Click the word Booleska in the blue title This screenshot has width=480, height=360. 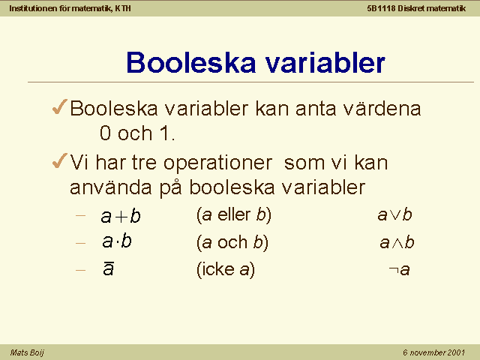point(191,62)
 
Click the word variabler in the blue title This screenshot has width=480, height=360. point(325,62)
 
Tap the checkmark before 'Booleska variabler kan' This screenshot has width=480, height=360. point(60,106)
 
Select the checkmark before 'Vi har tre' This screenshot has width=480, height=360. point(60,160)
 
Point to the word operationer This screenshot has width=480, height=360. point(217,163)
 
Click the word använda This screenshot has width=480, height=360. point(111,187)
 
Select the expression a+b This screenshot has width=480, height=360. point(121,216)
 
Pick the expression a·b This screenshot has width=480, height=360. point(117,241)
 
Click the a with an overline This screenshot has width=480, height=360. point(108,268)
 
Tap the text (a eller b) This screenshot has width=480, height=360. point(234,215)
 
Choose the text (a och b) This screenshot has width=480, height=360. point(232,242)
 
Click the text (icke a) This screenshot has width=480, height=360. point(226,270)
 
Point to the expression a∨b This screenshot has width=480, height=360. point(394,214)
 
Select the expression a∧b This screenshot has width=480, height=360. point(397,242)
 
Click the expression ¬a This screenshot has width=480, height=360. point(399,270)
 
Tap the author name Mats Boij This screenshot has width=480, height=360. point(27,352)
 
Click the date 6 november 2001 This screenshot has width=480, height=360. point(433,352)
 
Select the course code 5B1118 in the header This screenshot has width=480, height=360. point(382,8)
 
